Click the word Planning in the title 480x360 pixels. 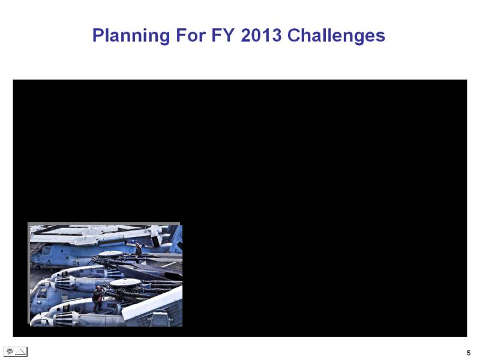click(131, 36)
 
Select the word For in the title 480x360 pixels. click(191, 35)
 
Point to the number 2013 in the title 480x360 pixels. click(261, 35)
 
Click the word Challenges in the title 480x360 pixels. click(336, 36)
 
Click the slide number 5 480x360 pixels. click(469, 353)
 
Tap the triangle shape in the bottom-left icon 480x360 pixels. click(20, 352)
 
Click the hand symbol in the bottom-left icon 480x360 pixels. click(10, 352)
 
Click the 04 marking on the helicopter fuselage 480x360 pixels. click(76, 263)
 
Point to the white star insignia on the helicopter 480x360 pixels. click(133, 241)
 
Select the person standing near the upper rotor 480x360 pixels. click(138, 250)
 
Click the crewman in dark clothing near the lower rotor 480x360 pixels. click(98, 298)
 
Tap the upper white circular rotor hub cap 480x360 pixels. click(110, 253)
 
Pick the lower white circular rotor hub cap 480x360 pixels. click(125, 283)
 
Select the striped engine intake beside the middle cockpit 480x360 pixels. click(65, 283)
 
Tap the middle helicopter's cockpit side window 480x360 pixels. click(41, 293)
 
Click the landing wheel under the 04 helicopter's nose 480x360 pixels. click(38, 267)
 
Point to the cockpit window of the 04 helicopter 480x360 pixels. click(46, 250)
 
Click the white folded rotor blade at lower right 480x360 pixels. click(152, 304)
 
